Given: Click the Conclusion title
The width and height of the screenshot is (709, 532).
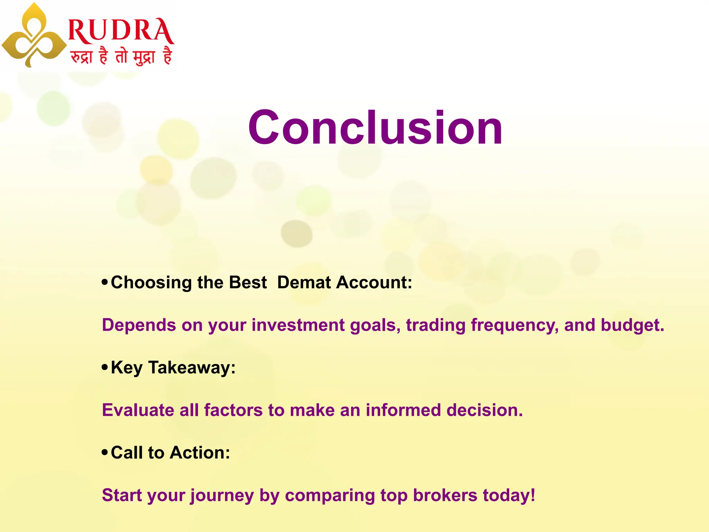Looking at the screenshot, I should point(375,127).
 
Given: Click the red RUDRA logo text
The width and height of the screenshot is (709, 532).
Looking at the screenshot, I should point(121,31).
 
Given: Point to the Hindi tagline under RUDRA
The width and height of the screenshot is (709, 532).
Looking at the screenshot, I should point(121,56).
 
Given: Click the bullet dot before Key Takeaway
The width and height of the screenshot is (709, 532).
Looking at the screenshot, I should point(105,367).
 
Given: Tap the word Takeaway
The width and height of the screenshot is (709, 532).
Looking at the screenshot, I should point(192,368).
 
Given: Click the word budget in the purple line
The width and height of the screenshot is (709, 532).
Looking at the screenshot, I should point(632,326).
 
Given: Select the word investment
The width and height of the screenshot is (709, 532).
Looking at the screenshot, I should point(298,325).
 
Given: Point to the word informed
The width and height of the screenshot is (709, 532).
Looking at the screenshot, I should point(403,410).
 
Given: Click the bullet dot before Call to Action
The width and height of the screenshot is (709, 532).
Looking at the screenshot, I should point(105,452).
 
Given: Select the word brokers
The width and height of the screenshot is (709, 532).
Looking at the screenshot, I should point(445,495).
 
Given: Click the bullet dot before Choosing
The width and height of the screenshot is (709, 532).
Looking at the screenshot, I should point(105,282).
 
